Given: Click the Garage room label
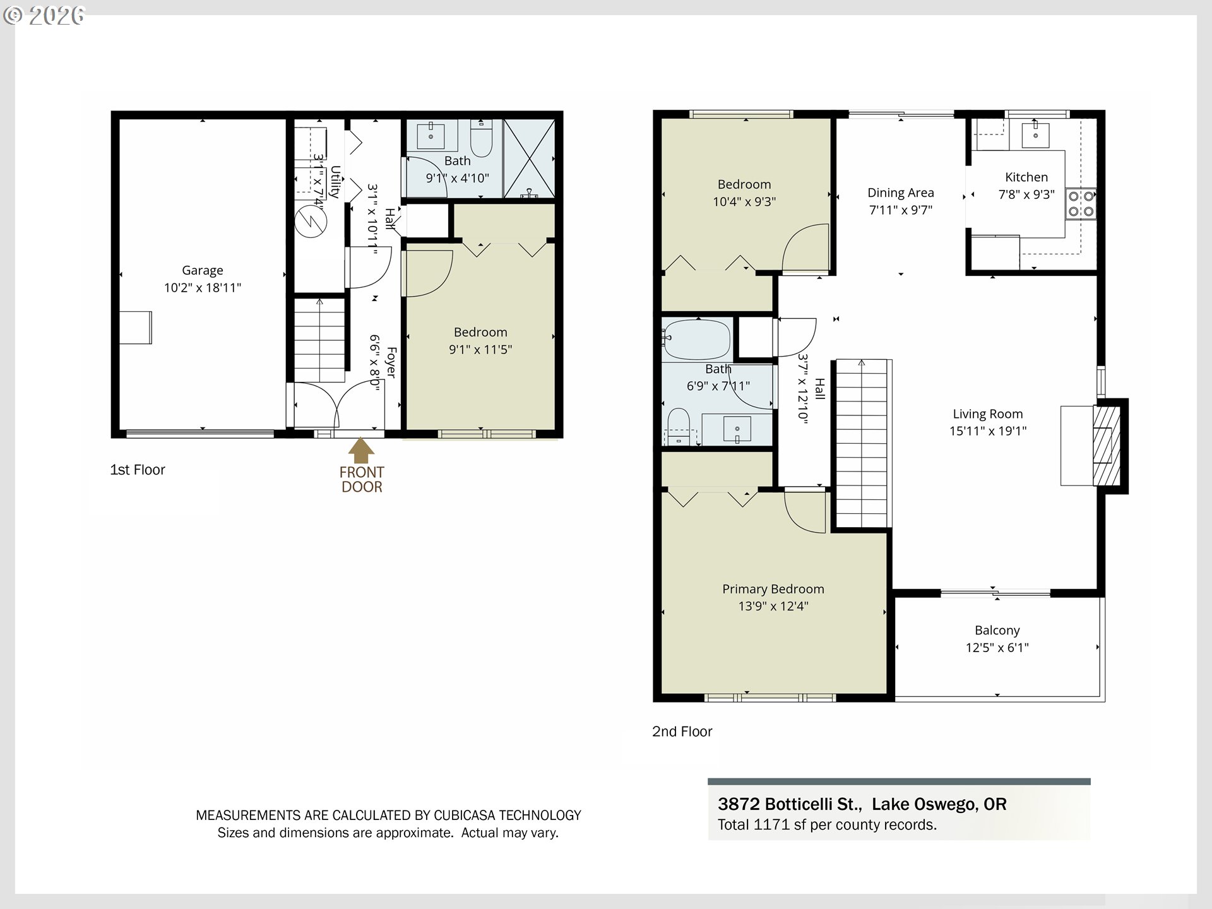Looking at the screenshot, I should [202, 270].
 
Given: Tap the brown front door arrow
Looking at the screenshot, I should [361, 450].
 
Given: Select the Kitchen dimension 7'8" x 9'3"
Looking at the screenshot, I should [1026, 194].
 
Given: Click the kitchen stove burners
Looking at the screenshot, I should [1081, 203].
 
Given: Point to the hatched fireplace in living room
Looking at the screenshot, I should [1106, 446].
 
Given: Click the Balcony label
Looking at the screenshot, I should [997, 630].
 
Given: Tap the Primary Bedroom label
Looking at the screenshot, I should [773, 589].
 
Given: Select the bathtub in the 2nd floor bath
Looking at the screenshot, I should [696, 340].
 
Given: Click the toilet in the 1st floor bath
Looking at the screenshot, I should [481, 139].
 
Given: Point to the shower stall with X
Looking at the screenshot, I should [529, 158].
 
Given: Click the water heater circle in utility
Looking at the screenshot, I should [311, 221].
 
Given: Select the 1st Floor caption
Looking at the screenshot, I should [138, 470].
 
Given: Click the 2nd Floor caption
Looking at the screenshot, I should [682, 732].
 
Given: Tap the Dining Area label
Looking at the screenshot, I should [900, 193].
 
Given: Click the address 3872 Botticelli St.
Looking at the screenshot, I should [789, 804].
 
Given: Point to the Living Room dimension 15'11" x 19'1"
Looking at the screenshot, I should [987, 431].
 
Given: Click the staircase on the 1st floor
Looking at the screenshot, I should [319, 341].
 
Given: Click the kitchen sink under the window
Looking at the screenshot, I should [1036, 134].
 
